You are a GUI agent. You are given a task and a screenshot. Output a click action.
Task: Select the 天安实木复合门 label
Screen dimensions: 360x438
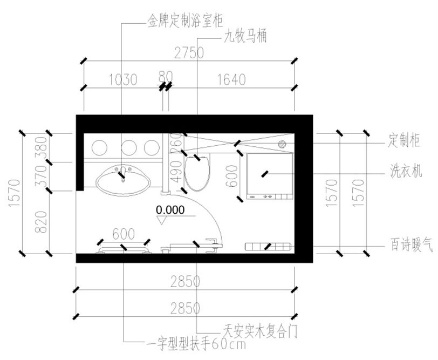point(260,328)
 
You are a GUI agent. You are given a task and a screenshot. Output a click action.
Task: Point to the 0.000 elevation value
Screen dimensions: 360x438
point(170,209)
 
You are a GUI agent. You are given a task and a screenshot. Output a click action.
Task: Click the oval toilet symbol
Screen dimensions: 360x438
point(196,173)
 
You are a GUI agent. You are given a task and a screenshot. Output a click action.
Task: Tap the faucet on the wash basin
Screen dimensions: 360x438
point(123,173)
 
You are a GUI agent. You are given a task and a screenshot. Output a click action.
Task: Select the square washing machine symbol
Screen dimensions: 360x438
point(270,175)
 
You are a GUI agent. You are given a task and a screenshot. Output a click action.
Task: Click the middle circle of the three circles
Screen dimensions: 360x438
point(128,146)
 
